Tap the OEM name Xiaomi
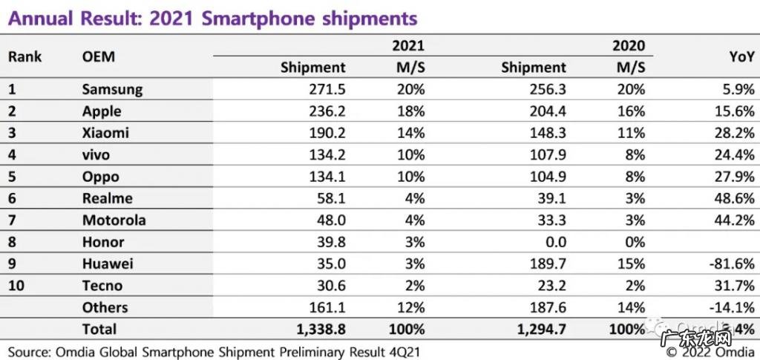point(105,134)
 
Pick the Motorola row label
point(114,220)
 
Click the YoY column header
point(742,56)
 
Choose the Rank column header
point(25,56)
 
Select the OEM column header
point(99,56)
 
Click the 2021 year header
point(408,45)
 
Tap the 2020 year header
point(629,45)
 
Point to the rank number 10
point(16,286)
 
